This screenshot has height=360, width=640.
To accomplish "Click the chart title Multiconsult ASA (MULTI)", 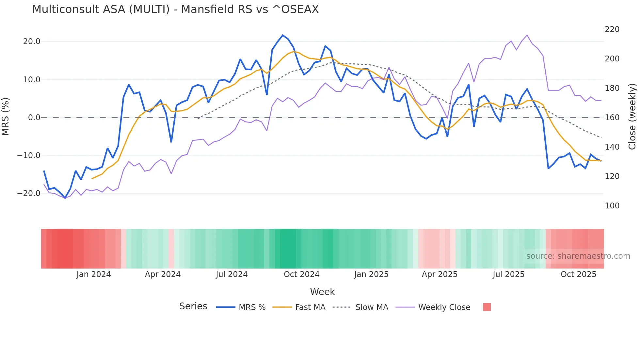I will click(175, 9).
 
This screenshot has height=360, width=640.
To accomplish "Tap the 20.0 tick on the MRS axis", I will click(32, 41).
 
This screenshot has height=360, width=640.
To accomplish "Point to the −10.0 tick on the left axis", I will click(29, 155).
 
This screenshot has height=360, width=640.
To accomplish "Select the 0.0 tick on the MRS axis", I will click(34, 118).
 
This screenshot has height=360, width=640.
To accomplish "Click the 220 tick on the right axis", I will click(612, 29).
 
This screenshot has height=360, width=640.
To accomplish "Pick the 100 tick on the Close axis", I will click(612, 206).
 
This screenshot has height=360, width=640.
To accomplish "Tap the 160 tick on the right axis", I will click(612, 118).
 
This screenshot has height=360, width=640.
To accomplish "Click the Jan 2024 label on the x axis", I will click(94, 274).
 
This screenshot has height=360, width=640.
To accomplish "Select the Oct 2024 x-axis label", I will click(301, 274).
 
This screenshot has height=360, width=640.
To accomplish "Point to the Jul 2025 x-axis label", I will click(508, 274).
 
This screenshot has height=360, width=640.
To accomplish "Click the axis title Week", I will click(322, 292).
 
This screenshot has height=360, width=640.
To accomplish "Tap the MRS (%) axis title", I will click(6, 117).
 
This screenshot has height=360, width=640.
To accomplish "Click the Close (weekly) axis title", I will click(632, 117).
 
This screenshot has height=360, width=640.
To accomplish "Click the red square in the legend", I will click(487, 307).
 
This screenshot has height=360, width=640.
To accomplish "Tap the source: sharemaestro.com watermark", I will click(578, 256).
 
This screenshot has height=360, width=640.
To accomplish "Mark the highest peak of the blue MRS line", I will click(283, 35).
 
